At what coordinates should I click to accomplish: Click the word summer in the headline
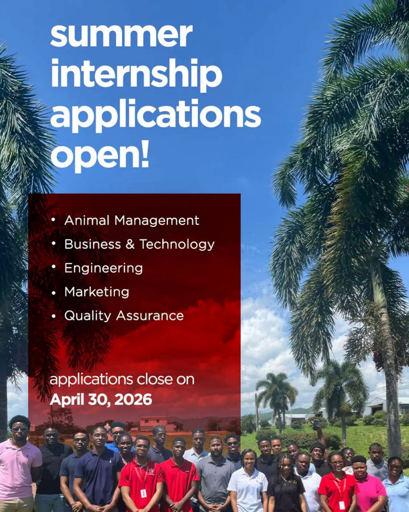coord(121,35)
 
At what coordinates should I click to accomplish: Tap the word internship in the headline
coord(136,75)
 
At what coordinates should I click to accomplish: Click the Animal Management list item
coord(131,221)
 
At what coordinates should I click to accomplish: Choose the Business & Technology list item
coord(139,244)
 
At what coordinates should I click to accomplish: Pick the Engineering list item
coord(103,268)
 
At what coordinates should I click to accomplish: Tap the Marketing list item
coord(97,292)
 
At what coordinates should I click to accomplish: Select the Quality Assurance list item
coord(124,315)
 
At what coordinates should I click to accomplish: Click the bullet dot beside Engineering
coord(54,268)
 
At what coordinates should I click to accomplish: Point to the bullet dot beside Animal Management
coord(54,221)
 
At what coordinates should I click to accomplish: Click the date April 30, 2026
coord(101,399)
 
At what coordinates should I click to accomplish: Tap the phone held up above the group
coord(315,424)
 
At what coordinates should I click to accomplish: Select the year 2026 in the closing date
coord(135,399)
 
